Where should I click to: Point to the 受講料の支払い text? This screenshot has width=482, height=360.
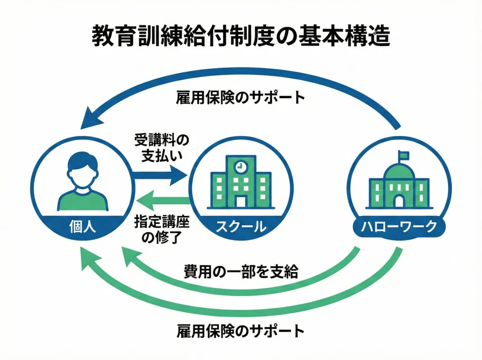161,148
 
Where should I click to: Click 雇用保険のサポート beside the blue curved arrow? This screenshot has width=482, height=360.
240,98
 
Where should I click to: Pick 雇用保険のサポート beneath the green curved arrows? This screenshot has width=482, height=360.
240,331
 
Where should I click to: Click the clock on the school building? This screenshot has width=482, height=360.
241,166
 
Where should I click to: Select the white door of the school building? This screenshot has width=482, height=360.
241,201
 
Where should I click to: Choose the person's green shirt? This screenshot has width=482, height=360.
82,200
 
